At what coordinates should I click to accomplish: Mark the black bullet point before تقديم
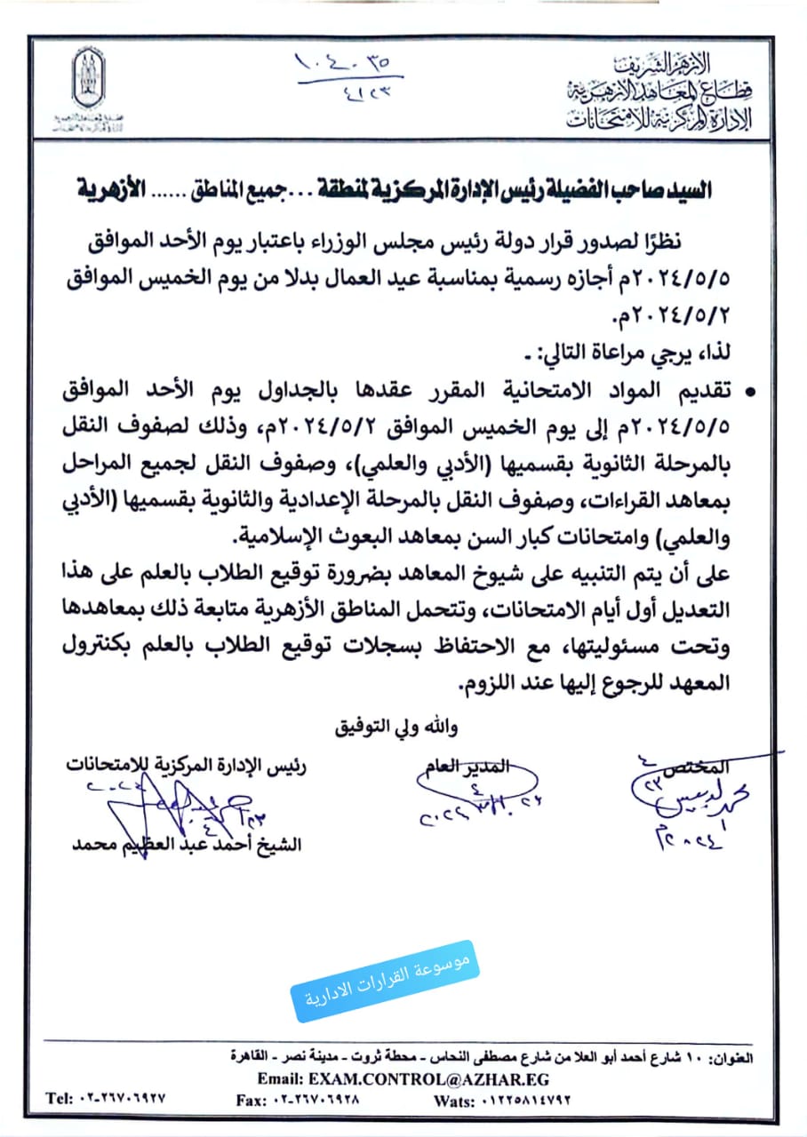[753, 392]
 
